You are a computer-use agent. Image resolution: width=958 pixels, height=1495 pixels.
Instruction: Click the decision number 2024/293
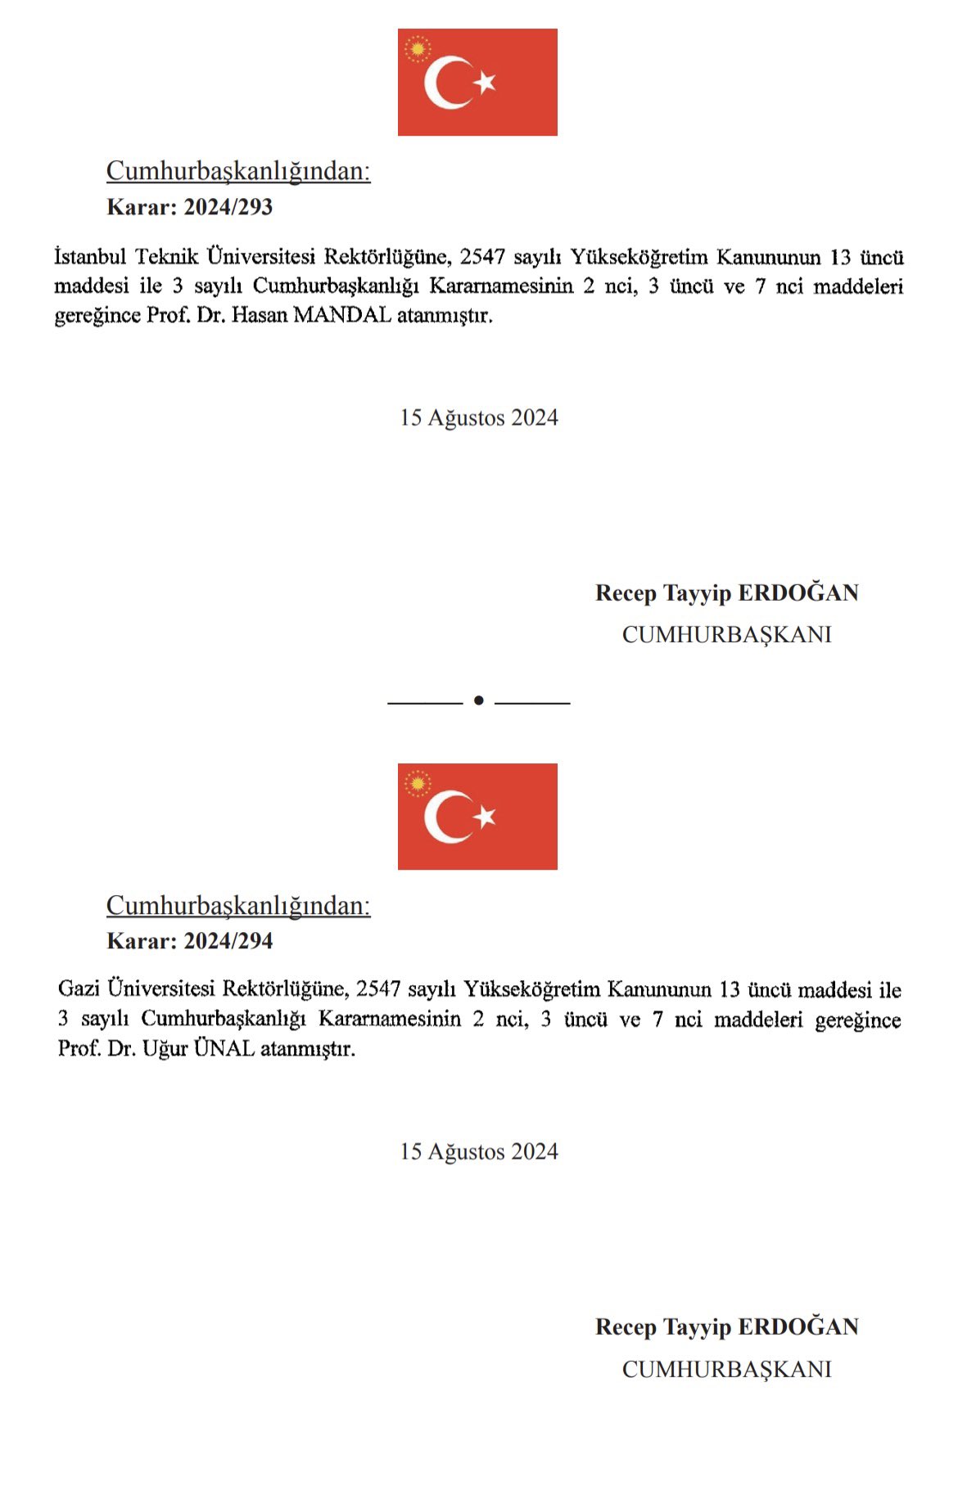point(228,206)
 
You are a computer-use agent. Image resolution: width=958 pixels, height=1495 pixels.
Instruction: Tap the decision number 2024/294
point(228,941)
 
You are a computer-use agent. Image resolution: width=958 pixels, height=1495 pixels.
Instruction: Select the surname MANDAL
point(342,315)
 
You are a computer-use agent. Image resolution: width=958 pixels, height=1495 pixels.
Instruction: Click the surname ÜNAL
point(224,1048)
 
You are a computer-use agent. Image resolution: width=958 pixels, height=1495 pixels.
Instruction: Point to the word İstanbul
point(90,257)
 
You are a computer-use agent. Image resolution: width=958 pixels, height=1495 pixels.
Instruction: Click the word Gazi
point(79,989)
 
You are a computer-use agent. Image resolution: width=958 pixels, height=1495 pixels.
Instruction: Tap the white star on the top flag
point(485,82)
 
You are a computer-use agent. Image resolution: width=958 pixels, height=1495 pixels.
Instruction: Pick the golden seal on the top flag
point(418,50)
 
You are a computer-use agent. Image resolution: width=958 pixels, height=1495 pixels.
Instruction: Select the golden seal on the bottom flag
point(418,785)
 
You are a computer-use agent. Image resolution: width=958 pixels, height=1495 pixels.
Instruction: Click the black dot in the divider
point(479,700)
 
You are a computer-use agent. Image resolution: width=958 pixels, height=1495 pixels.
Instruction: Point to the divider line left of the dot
point(425,701)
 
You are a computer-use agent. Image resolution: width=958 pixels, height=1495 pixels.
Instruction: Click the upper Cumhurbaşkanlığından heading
point(238,171)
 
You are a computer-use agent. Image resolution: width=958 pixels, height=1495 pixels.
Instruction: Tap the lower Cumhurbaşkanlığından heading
point(238,906)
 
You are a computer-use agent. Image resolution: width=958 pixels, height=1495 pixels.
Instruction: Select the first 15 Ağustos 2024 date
point(479,417)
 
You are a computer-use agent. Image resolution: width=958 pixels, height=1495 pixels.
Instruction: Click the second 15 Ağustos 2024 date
point(479,1151)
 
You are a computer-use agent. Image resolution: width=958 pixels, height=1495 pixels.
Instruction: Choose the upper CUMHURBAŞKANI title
point(726,634)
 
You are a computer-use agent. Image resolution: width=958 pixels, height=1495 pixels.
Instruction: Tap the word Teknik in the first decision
point(167,257)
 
